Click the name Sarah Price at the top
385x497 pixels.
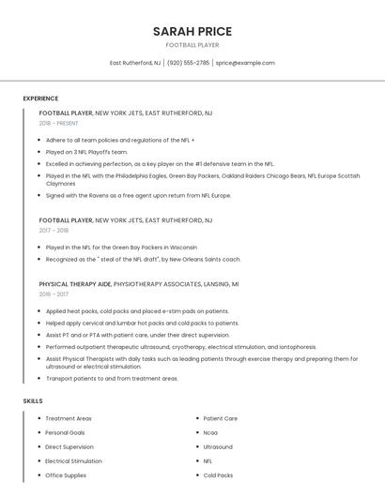click(x=192, y=31)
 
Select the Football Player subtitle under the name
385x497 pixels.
click(x=192, y=45)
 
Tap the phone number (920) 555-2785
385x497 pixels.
click(x=188, y=63)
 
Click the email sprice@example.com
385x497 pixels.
click(x=245, y=63)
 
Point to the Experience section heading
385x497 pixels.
click(x=40, y=98)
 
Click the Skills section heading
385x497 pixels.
click(x=33, y=400)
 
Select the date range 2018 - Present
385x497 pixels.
click(x=59, y=123)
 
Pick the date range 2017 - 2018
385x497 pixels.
click(x=54, y=230)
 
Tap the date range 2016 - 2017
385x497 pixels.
click(x=54, y=294)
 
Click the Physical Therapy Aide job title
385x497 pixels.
click(x=75, y=283)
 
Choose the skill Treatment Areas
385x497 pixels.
click(x=69, y=418)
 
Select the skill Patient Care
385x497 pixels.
click(x=221, y=418)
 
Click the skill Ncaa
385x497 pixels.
click(x=210, y=432)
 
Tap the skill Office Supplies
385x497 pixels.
click(x=66, y=475)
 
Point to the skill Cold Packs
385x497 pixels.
click(x=218, y=475)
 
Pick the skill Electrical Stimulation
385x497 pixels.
click(x=73, y=461)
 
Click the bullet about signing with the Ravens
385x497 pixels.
click(x=138, y=195)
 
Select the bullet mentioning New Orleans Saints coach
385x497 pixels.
click(x=143, y=259)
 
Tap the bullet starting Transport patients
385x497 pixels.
click(x=112, y=379)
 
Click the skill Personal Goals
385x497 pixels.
click(x=65, y=432)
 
